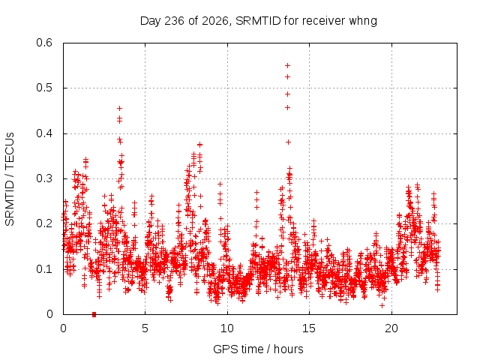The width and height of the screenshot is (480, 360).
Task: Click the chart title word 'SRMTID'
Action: click(x=258, y=21)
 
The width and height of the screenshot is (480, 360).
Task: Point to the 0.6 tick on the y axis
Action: click(x=44, y=43)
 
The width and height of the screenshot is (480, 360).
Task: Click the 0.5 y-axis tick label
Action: click(x=44, y=88)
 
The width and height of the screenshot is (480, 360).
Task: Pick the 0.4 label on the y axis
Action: click(x=44, y=133)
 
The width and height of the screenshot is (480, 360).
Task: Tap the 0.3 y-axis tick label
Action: click(x=44, y=178)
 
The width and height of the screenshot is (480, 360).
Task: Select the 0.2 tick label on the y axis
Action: click(x=44, y=223)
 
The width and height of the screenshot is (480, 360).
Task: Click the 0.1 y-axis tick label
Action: click(x=44, y=269)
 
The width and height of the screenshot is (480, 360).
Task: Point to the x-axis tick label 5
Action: click(x=145, y=328)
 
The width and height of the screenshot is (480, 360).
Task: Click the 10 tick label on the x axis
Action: click(x=227, y=328)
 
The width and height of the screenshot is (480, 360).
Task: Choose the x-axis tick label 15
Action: click(x=309, y=328)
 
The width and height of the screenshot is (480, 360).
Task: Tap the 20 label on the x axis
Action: click(x=391, y=328)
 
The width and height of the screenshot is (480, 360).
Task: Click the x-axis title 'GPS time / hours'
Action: click(x=258, y=349)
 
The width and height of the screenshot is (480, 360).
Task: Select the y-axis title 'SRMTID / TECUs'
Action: click(x=10, y=179)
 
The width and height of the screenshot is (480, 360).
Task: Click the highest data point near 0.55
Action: click(x=287, y=65)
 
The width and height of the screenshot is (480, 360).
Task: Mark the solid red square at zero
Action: click(x=94, y=314)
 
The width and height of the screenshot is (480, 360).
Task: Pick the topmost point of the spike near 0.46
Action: click(x=120, y=108)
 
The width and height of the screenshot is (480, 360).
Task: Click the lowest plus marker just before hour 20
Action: click(x=382, y=305)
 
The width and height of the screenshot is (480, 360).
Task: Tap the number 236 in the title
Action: click(x=175, y=21)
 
